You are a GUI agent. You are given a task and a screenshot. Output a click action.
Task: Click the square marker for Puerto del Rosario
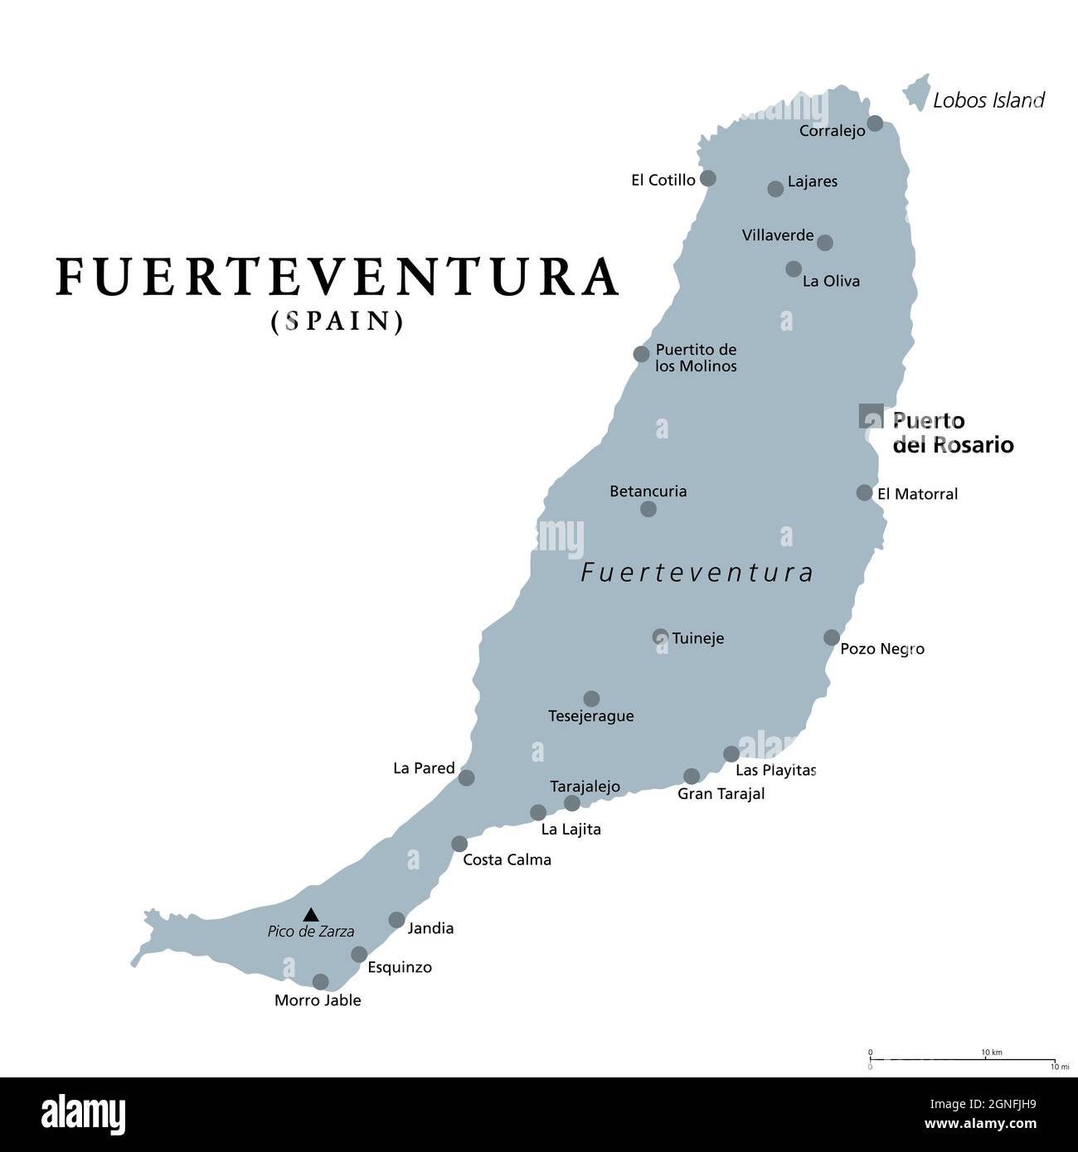(x=871, y=415)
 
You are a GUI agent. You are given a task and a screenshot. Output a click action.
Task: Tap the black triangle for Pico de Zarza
(x=311, y=915)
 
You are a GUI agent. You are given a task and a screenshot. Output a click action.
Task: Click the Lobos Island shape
(x=916, y=91)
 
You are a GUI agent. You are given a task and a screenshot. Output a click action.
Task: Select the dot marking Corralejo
(x=875, y=124)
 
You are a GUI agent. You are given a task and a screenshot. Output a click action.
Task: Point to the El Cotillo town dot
(x=707, y=178)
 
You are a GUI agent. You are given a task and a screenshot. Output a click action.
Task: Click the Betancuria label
(x=648, y=491)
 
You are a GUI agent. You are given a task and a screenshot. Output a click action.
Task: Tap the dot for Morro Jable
(x=320, y=982)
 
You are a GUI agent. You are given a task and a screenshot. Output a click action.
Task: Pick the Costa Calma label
(x=507, y=860)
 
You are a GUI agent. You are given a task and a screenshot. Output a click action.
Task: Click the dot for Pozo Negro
(x=832, y=637)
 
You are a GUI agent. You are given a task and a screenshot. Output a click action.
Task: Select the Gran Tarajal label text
(x=721, y=794)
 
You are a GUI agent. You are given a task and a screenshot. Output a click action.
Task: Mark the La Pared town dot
(x=466, y=777)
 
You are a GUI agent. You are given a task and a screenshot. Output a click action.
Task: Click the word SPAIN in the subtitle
(x=337, y=322)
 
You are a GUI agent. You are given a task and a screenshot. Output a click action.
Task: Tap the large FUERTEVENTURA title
(x=337, y=277)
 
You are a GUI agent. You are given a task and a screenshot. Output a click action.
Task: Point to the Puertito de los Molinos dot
(x=641, y=354)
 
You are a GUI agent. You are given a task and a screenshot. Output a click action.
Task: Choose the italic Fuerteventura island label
(x=697, y=573)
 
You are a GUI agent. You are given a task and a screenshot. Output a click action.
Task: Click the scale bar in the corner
(x=962, y=1059)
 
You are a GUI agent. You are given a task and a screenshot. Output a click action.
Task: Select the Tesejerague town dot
(x=591, y=699)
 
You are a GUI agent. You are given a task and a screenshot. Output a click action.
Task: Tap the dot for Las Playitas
(x=731, y=754)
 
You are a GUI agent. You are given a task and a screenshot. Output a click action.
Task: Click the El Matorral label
(x=917, y=494)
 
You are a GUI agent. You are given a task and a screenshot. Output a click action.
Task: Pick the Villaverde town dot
(x=824, y=242)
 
